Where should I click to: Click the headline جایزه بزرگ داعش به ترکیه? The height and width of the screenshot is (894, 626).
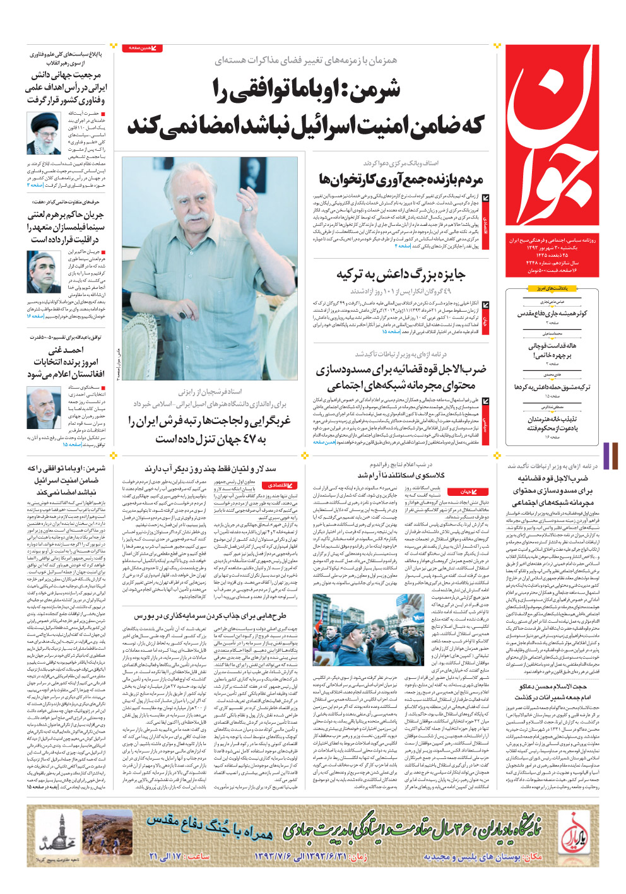[x=401, y=274]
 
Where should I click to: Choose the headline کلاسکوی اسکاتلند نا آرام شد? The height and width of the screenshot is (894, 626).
[x=401, y=475]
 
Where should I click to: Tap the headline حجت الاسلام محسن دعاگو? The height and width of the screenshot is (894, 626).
[x=553, y=686]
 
